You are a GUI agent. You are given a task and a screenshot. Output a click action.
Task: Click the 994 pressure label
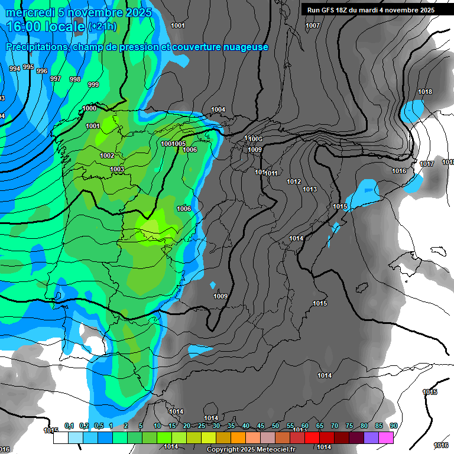15,69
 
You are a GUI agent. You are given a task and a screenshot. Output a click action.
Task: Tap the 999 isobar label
93,85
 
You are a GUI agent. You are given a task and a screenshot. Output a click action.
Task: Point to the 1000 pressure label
90,108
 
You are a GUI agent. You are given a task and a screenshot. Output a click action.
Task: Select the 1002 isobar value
107,155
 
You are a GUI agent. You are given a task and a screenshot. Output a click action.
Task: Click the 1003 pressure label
117,170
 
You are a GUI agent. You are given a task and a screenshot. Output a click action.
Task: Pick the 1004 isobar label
218,109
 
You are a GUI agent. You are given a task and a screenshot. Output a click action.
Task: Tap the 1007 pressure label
313,25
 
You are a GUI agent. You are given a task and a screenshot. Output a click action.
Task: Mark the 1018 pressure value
425,92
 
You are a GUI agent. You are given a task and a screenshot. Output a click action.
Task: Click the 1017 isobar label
427,164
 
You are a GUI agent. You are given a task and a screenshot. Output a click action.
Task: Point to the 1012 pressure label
294,181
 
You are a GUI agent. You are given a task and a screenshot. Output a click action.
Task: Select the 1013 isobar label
310,189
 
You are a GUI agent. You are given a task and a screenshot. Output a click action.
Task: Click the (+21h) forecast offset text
102,27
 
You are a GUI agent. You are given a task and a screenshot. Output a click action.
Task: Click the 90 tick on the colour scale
393,426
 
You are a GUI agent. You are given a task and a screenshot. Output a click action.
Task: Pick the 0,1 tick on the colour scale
69,426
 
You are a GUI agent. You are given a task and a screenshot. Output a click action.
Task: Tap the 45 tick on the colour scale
261,426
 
